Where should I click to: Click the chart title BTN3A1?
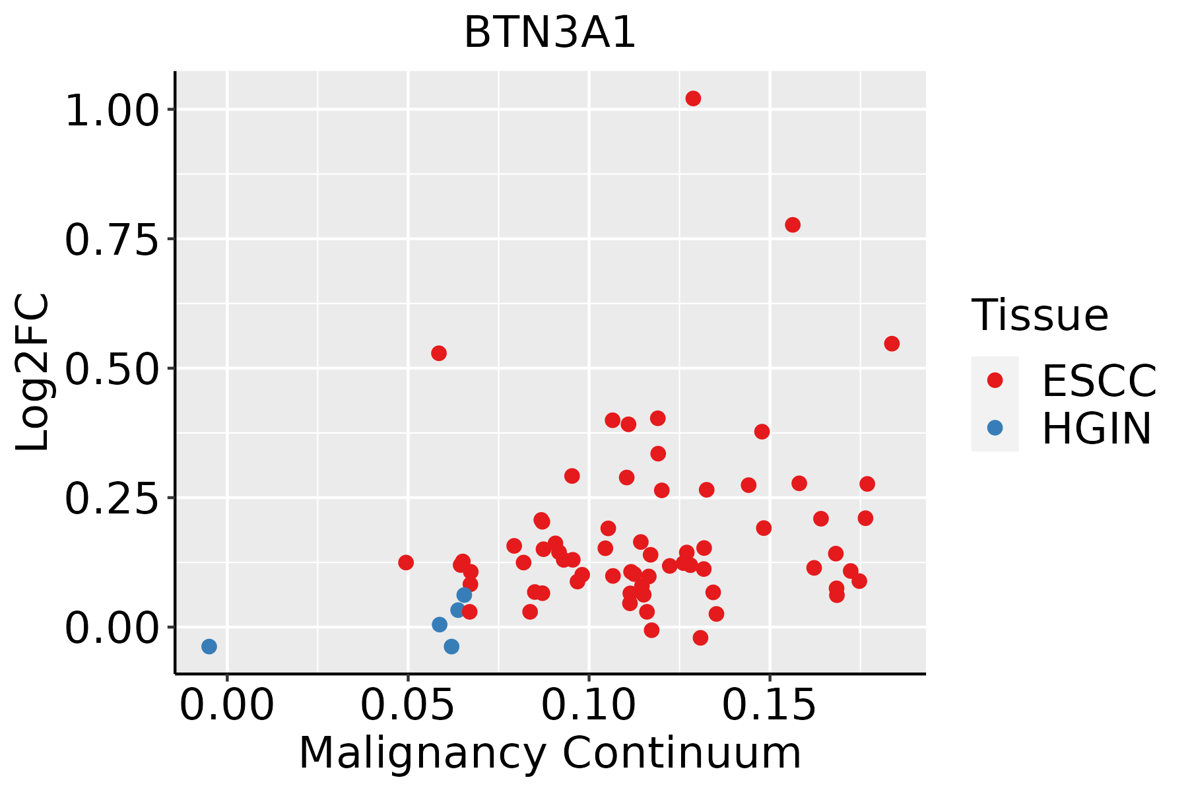point(550,32)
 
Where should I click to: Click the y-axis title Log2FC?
point(33,372)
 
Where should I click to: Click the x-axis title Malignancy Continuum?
point(550,754)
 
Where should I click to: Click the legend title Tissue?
point(1040,315)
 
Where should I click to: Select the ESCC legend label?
point(1099,381)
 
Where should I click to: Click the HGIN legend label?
point(1097,429)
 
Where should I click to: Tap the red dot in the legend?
point(995,380)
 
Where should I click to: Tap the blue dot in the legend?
point(995,428)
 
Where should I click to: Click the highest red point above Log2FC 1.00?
point(693,98)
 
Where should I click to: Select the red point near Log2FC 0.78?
point(793,225)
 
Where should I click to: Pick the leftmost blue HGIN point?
point(209,646)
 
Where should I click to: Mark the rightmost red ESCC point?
point(892,344)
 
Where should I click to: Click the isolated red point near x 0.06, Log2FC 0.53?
point(439,353)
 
